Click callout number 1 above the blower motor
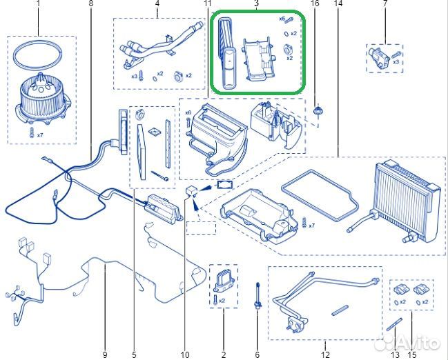coord(38,4)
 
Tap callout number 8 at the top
coord(91,3)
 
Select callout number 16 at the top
coord(315,3)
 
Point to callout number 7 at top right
coord(385,3)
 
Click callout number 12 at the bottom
coord(325,355)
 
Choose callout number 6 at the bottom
coord(257,355)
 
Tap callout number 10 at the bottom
coord(185,355)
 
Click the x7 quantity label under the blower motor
coord(40,135)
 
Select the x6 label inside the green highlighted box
coord(282,19)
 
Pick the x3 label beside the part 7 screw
coord(396,61)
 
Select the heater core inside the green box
coord(228,53)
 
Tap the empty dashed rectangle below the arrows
coord(201,228)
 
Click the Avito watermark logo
coord(407,342)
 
